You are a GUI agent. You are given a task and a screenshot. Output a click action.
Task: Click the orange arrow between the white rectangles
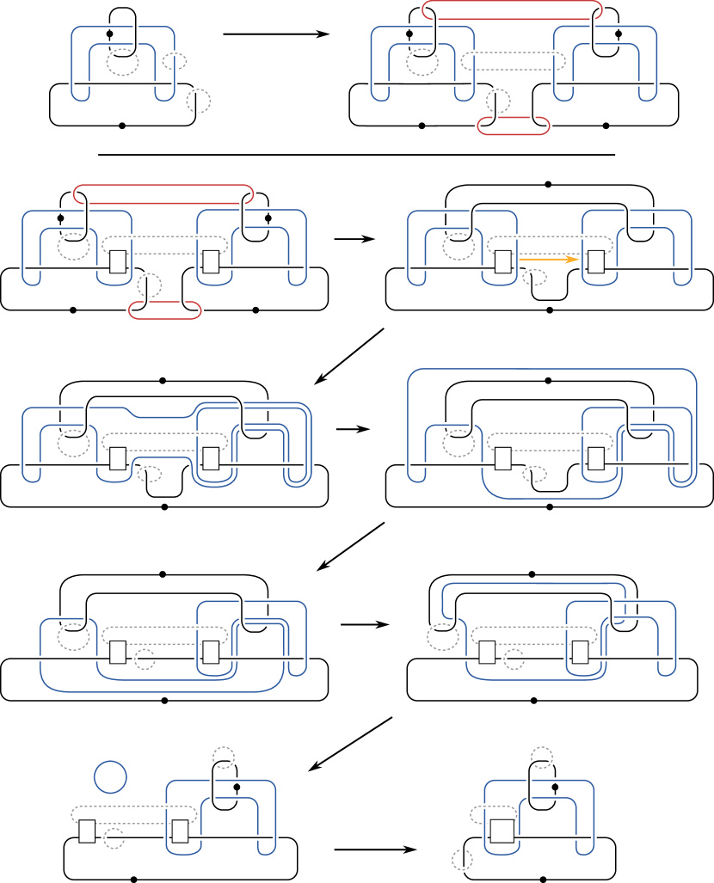pyautogui.click(x=547, y=257)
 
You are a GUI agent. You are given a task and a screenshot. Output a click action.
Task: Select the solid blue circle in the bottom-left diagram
pyautogui.click(x=110, y=776)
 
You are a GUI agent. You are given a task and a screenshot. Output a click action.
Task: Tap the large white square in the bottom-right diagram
pyautogui.click(x=502, y=831)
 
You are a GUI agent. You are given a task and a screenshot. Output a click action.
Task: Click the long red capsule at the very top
pyautogui.click(x=512, y=10)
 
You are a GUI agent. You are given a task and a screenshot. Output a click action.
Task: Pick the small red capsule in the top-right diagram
pyautogui.click(x=514, y=126)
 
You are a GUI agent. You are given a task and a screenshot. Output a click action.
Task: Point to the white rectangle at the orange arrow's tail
pyautogui.click(x=503, y=261)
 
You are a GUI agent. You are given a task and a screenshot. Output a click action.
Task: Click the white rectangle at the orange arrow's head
pyautogui.click(x=596, y=261)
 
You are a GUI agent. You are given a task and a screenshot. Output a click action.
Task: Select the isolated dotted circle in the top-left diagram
pyautogui.click(x=199, y=101)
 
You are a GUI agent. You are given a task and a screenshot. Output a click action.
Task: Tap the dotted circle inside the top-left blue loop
pyautogui.click(x=123, y=62)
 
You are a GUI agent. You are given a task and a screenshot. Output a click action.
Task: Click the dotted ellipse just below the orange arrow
pyautogui.click(x=535, y=277)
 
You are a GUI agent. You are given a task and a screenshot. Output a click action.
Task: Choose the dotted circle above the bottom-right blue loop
pyautogui.click(x=542, y=757)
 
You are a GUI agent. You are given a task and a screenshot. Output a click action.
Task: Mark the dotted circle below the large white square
pyautogui.click(x=462, y=859)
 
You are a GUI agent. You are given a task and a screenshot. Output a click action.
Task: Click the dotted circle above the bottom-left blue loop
pyautogui.click(x=224, y=757)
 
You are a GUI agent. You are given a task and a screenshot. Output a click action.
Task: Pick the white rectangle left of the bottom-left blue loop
pyautogui.click(x=87, y=831)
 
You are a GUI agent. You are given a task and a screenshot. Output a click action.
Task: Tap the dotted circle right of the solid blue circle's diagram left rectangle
pyautogui.click(x=114, y=838)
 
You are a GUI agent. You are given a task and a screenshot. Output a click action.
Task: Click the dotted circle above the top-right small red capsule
pyautogui.click(x=498, y=101)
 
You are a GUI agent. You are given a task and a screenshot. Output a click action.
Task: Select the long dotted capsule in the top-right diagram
pyautogui.click(x=514, y=61)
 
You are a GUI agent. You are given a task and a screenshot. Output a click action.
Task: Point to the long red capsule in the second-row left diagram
pyautogui.click(x=163, y=193)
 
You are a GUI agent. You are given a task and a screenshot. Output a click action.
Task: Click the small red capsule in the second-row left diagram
pyautogui.click(x=165, y=310)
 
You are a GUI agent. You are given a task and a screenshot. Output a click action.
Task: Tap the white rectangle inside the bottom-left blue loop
pyautogui.click(x=180, y=831)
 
